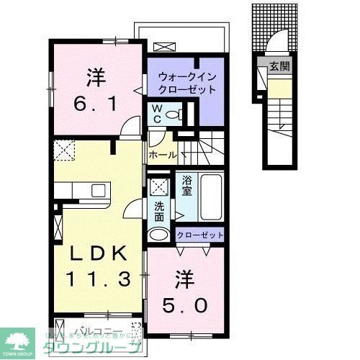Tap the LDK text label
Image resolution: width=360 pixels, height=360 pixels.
99,253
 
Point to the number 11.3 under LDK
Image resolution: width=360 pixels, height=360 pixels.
99,277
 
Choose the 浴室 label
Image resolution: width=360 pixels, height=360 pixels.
186,186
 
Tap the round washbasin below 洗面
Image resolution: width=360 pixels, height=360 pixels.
158,235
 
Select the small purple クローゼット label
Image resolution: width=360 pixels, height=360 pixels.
200,235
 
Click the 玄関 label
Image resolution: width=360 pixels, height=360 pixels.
279,67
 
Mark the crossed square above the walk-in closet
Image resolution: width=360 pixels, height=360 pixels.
163,47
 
